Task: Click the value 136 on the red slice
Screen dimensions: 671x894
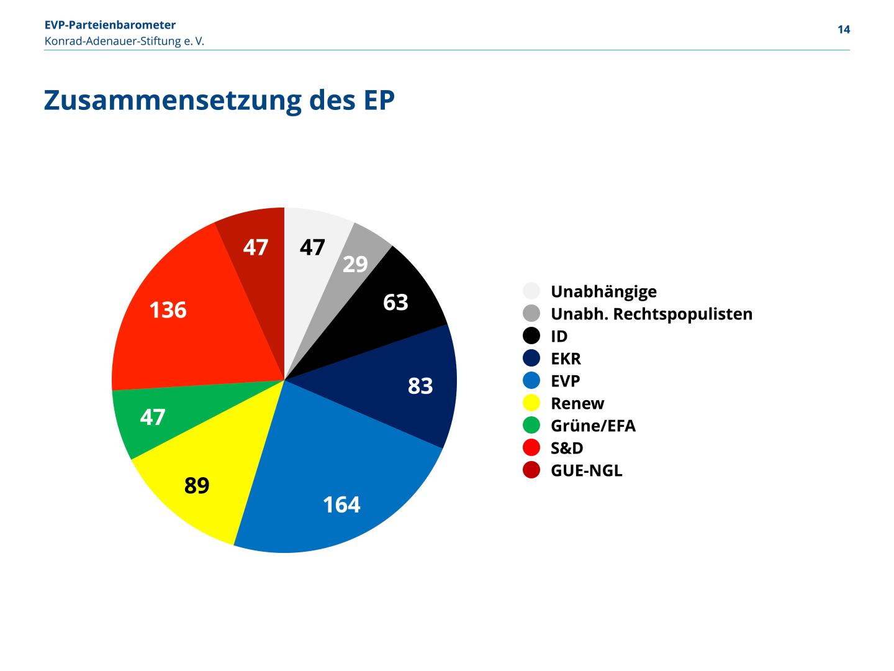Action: pyautogui.click(x=168, y=309)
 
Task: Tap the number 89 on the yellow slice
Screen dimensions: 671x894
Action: pyautogui.click(x=197, y=485)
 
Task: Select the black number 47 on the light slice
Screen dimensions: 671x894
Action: pyautogui.click(x=312, y=247)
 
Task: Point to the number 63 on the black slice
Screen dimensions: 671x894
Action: pyautogui.click(x=395, y=302)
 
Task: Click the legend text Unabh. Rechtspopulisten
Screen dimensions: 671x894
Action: pyautogui.click(x=651, y=314)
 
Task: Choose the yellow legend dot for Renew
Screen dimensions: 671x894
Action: pyautogui.click(x=531, y=403)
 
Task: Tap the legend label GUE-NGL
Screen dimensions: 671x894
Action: pyautogui.click(x=586, y=470)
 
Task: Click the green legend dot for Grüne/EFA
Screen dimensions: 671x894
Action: pyautogui.click(x=531, y=426)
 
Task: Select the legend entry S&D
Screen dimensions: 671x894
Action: pyautogui.click(x=567, y=448)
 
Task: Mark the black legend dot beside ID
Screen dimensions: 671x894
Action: pyautogui.click(x=531, y=336)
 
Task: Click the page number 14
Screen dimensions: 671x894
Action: pyautogui.click(x=844, y=30)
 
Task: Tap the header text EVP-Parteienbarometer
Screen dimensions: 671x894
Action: pyautogui.click(x=110, y=25)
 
